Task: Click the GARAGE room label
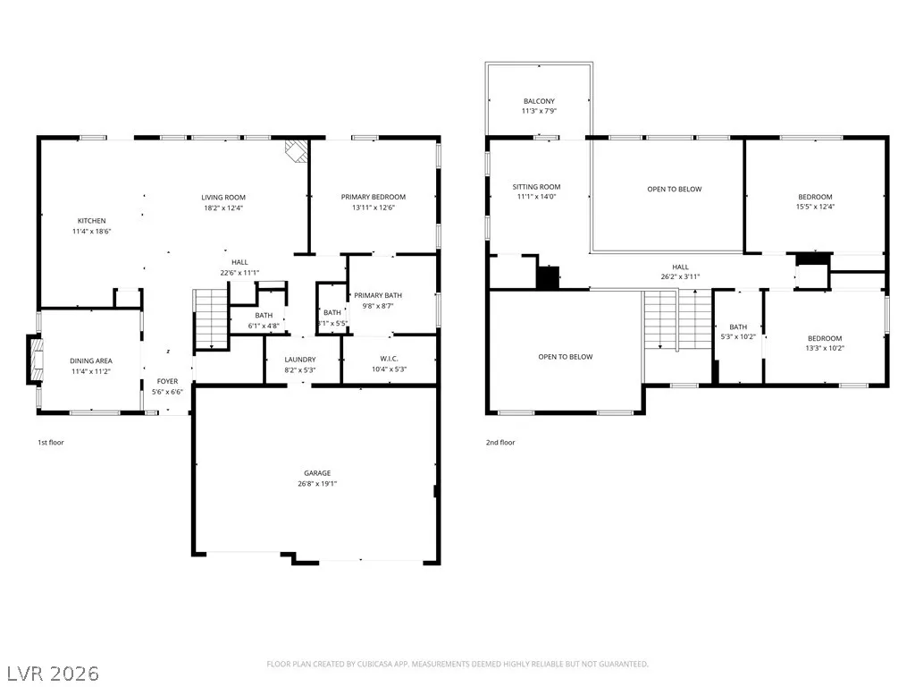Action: tap(317, 472)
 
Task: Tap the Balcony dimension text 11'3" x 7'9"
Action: tap(539, 111)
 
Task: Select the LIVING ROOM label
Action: tap(223, 198)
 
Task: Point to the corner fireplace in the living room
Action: tap(297, 150)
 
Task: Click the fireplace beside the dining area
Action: tap(35, 360)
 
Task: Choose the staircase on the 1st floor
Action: tap(211, 319)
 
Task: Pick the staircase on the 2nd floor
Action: tap(677, 319)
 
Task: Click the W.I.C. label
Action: tap(390, 359)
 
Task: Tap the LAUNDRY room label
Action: tap(300, 360)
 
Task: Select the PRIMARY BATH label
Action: tap(378, 295)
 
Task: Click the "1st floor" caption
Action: tap(51, 442)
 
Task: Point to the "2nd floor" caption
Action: tap(500, 442)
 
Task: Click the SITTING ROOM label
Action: tap(536, 187)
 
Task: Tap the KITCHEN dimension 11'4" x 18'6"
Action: tap(92, 232)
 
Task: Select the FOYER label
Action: tap(167, 381)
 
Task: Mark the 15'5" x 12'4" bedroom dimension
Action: tap(815, 207)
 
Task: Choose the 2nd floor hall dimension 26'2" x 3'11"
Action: tap(680, 277)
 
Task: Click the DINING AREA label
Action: tap(91, 361)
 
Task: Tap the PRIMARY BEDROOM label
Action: tap(374, 197)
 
